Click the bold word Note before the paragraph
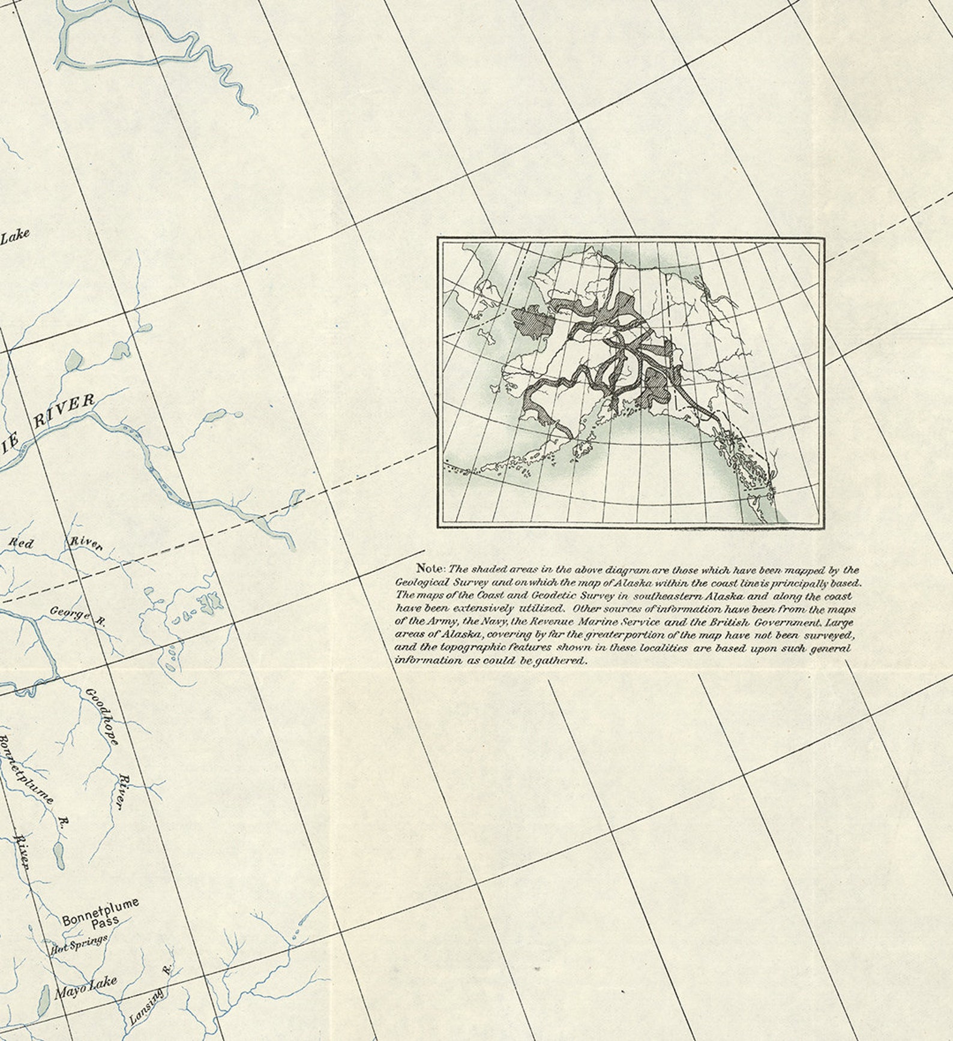pos(430,568)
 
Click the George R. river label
pos(77,615)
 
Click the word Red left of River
pos(21,544)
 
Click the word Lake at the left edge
pos(14,236)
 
